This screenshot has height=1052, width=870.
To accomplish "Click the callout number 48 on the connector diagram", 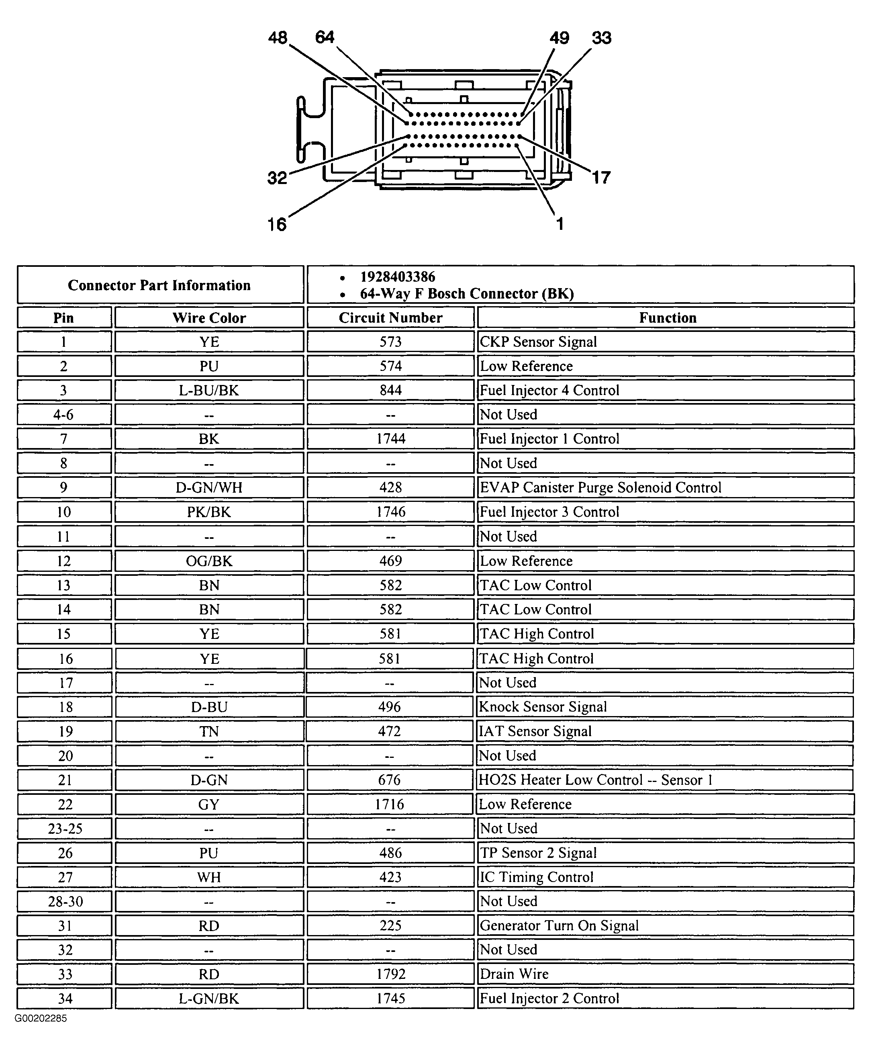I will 278,38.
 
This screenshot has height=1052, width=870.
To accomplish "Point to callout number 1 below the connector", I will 560,223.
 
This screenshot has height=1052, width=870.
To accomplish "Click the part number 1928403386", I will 398,276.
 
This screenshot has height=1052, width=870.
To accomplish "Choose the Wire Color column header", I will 209,317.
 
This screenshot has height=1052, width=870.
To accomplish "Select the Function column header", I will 667,317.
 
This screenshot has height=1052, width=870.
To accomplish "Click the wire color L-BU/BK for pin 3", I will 209,390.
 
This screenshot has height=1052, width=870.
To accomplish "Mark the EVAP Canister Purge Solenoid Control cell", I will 600,487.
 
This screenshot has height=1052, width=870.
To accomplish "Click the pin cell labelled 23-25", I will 65,829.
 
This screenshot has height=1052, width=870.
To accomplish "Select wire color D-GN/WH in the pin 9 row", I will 209,487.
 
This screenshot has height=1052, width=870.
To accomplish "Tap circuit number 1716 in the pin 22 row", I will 389,804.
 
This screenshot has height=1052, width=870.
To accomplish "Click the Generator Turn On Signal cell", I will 559,926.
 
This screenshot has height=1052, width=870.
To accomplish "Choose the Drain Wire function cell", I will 514,974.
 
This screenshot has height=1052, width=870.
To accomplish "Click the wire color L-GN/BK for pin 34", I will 209,999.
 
